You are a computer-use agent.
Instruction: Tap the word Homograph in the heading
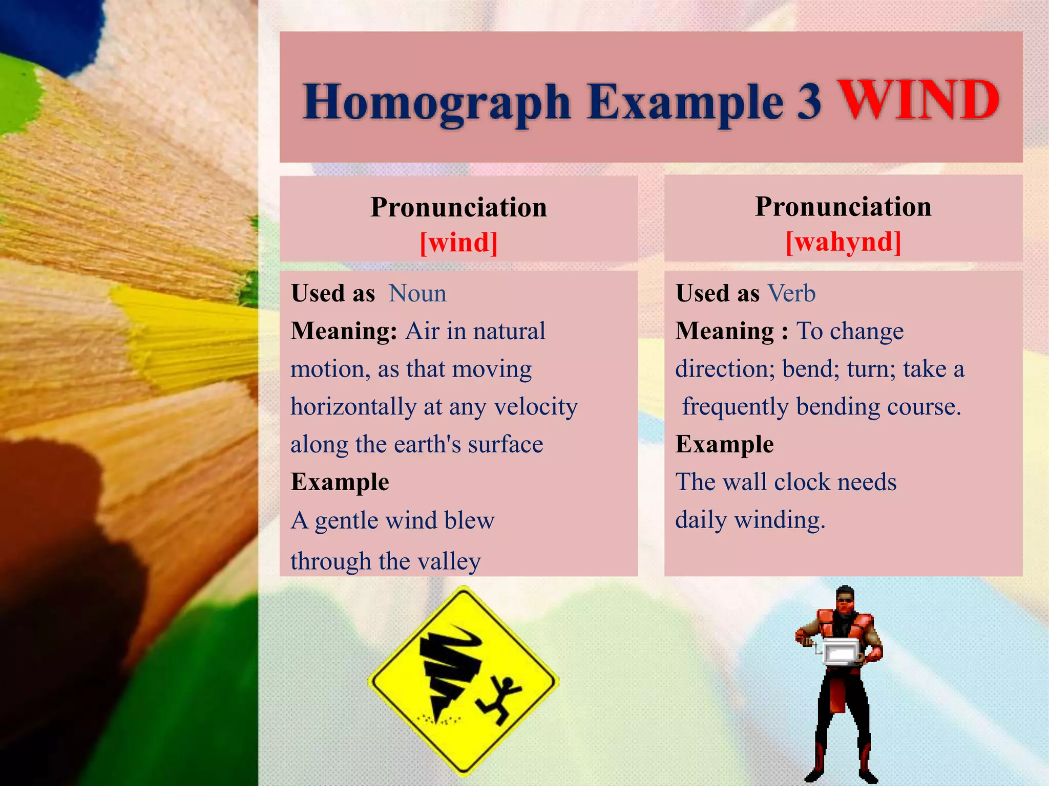click(x=436, y=102)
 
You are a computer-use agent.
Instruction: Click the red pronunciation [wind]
click(x=458, y=242)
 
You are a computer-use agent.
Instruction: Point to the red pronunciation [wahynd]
click(x=843, y=242)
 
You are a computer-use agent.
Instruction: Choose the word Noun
click(x=417, y=294)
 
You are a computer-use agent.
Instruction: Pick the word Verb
click(x=791, y=294)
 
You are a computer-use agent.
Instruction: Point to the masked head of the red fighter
click(x=845, y=602)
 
